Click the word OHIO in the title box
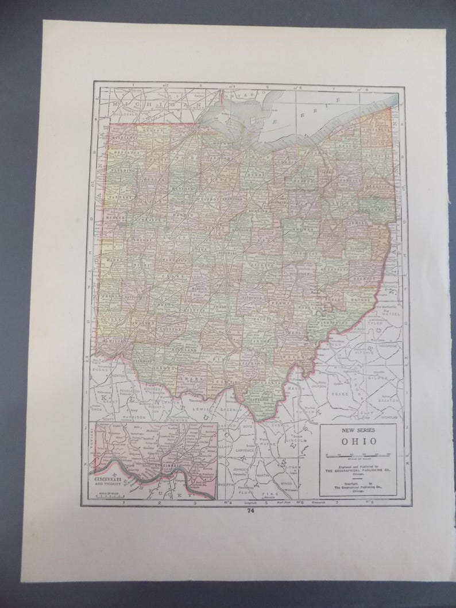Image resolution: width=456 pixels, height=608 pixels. click(x=360, y=442)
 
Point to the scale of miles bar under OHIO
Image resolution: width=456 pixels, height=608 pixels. click(x=360, y=454)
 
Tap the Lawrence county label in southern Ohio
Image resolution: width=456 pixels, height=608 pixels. click(x=261, y=397)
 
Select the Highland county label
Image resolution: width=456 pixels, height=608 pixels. click(x=186, y=349)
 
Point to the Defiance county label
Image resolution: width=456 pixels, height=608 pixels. click(x=127, y=153)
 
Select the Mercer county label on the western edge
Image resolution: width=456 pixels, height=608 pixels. click(x=118, y=219)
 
